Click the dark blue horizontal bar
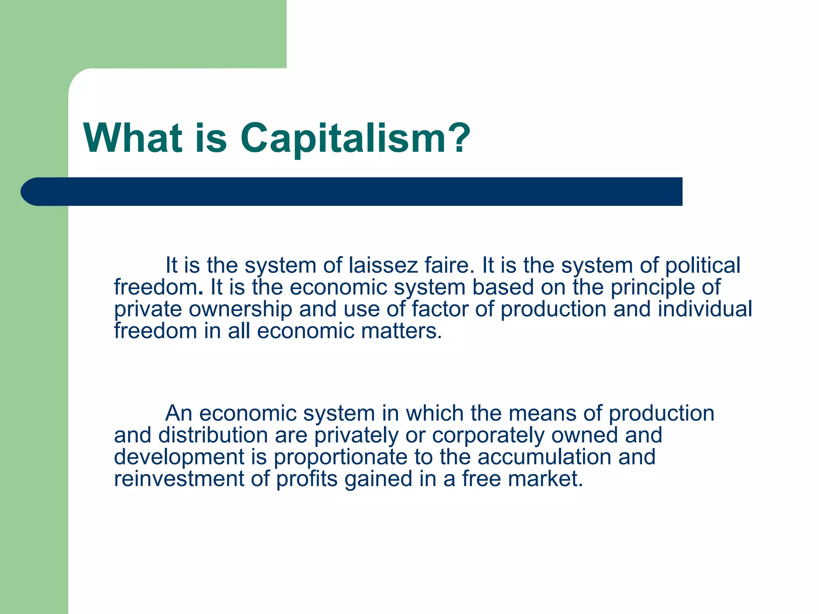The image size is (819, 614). (352, 191)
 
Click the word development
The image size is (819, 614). (179, 457)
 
